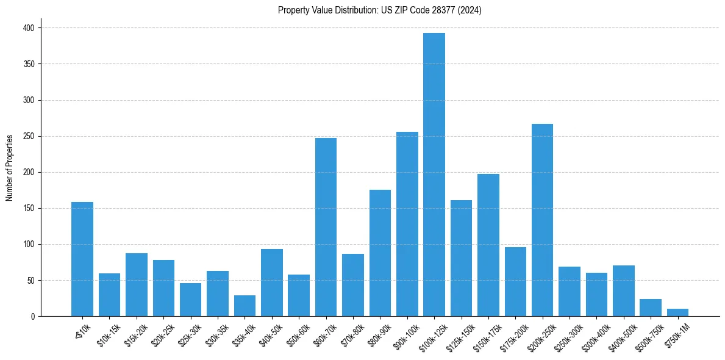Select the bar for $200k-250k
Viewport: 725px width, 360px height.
click(x=542, y=220)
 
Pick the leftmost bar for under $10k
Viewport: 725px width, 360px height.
click(x=82, y=259)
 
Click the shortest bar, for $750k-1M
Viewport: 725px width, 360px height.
click(x=677, y=312)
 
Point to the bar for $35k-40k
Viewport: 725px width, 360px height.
click(x=245, y=306)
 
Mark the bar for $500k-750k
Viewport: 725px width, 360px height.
click(x=651, y=308)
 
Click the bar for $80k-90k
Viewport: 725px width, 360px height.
click(x=380, y=253)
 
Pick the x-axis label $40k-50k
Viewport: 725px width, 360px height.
click(x=270, y=334)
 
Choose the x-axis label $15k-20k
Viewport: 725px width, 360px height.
click(x=135, y=334)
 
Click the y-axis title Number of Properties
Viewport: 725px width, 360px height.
click(x=10, y=168)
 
